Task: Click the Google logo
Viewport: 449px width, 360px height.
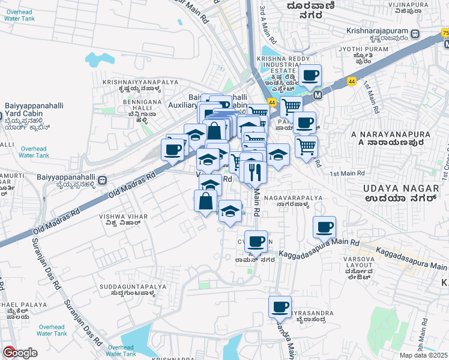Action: click(x=19, y=353)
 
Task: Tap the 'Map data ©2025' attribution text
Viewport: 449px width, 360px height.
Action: click(x=424, y=355)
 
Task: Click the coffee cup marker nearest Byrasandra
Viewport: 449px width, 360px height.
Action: click(x=280, y=307)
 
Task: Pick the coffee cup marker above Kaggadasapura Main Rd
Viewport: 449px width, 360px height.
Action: click(x=324, y=227)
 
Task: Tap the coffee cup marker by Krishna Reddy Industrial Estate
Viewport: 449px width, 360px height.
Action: click(x=310, y=75)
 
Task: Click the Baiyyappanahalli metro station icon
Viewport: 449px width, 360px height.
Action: click(x=103, y=179)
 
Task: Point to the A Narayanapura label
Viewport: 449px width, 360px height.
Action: click(x=388, y=137)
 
